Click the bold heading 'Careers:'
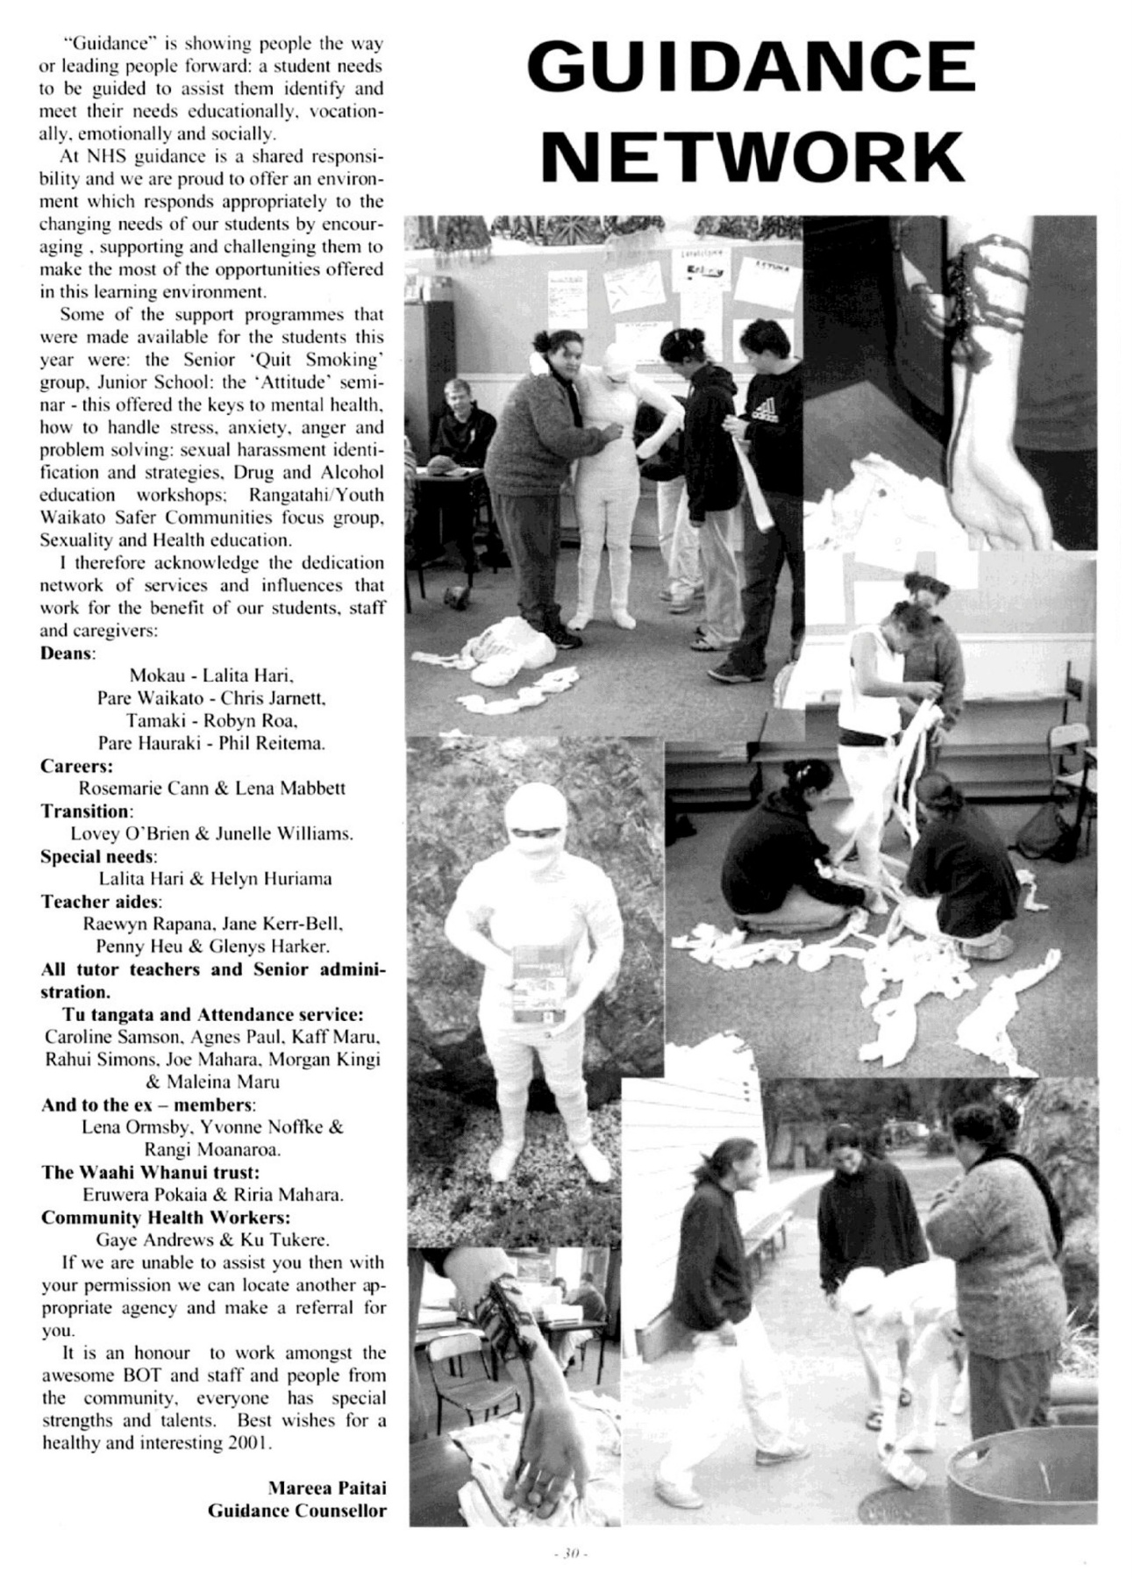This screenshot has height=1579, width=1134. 73,765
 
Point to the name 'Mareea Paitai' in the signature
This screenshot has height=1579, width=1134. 326,1488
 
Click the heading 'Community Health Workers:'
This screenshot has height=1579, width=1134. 166,1218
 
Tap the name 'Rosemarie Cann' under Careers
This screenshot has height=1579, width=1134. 140,788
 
